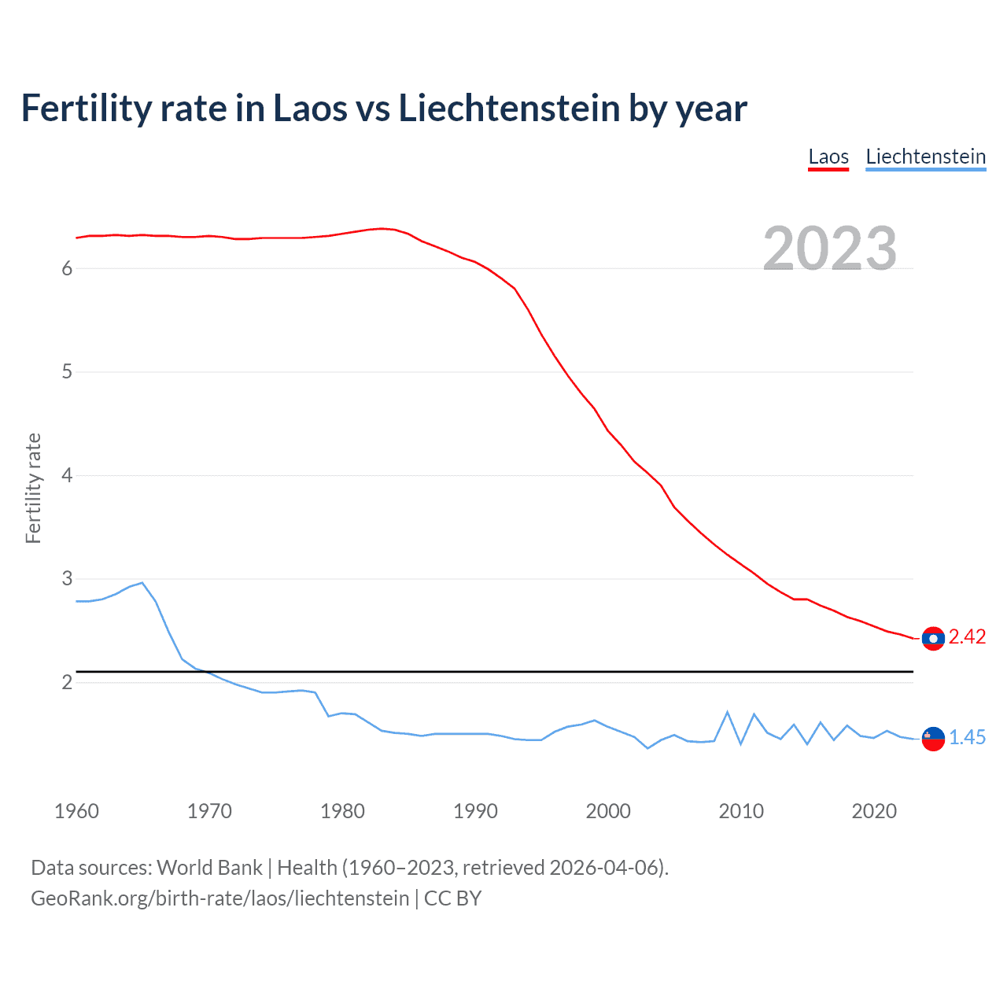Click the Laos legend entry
[x=828, y=157]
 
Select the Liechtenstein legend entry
[x=925, y=157]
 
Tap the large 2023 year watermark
[x=830, y=249]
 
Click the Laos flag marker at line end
[x=933, y=638]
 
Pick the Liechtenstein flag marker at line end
[x=933, y=739]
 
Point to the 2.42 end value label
[x=967, y=637]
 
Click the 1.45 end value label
[x=967, y=738]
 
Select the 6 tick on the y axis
[x=67, y=269]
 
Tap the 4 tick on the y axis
[x=67, y=476]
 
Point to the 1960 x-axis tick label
[x=76, y=811]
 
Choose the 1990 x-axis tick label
[x=475, y=811]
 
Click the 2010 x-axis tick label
[x=741, y=811]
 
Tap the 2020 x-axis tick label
[x=874, y=811]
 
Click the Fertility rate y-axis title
[x=33, y=488]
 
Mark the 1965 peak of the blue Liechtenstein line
[x=142, y=583]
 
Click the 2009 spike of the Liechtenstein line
[x=728, y=712]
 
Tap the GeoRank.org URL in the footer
[x=220, y=898]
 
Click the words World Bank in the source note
[x=209, y=868]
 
